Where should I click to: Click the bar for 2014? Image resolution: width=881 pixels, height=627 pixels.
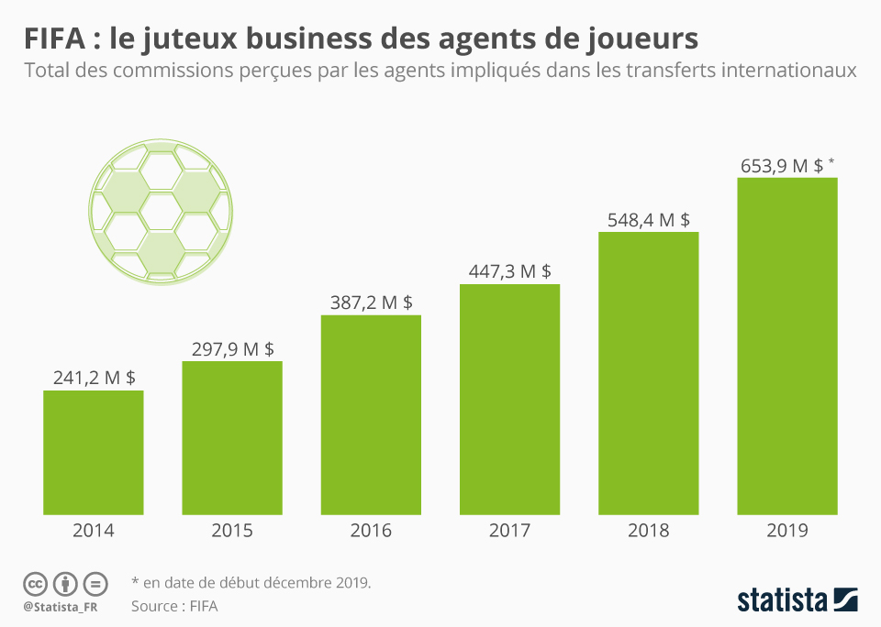click(x=94, y=452)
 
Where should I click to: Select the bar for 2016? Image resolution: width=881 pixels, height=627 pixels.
click(x=371, y=414)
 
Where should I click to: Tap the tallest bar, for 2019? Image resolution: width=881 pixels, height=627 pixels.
click(x=787, y=346)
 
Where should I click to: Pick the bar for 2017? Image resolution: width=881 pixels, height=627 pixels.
click(x=509, y=399)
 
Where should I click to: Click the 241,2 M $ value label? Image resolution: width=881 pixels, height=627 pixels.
click(x=94, y=378)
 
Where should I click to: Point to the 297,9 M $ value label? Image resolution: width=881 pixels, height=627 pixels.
click(x=232, y=348)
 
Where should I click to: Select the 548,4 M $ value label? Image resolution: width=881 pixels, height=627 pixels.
click(x=649, y=219)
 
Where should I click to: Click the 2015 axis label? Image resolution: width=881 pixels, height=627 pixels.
click(x=232, y=531)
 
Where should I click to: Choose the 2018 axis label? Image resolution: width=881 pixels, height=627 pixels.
click(x=649, y=531)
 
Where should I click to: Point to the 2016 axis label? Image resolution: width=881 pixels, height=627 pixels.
click(x=371, y=531)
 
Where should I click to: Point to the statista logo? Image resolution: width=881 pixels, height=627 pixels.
click(x=797, y=600)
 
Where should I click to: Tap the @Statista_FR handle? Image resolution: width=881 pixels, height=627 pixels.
click(x=61, y=606)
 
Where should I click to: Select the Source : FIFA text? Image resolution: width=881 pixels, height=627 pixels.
click(x=174, y=606)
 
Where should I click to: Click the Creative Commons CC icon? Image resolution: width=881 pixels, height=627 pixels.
click(x=35, y=583)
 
